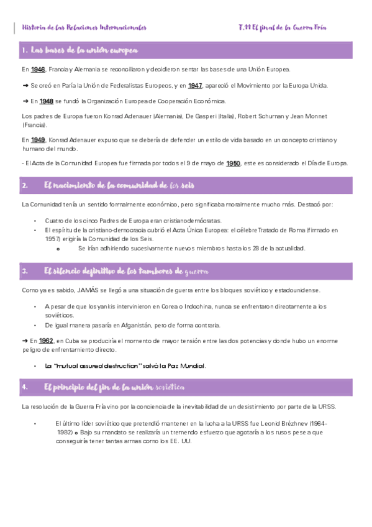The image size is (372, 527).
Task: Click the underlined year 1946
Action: [x=38, y=69]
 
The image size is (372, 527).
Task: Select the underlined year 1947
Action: [x=196, y=85]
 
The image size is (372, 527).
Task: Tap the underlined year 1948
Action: [x=47, y=101]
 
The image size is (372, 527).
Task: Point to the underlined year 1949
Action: [x=38, y=140]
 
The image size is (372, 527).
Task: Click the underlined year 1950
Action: [x=234, y=163]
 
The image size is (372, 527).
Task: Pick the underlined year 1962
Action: [x=47, y=341]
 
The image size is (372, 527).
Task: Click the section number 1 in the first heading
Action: [x=24, y=50]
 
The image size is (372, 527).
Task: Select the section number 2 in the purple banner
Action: [x=24, y=185]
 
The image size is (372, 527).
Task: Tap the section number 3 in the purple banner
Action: [x=24, y=271]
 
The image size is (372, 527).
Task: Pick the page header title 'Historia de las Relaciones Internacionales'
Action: [x=84, y=27]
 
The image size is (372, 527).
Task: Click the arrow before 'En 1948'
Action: [x=25, y=101]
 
